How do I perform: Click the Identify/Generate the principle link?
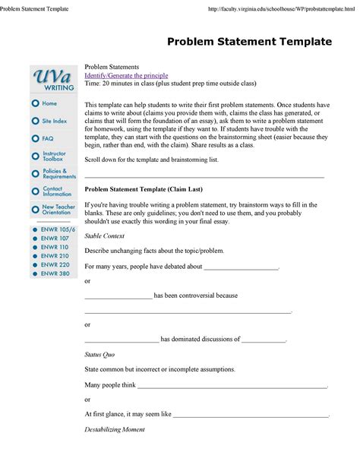click(x=125, y=77)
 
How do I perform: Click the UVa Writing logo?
click(x=53, y=79)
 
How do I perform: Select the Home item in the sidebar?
click(x=49, y=103)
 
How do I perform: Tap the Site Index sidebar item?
click(x=54, y=121)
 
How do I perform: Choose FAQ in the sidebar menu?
click(x=47, y=138)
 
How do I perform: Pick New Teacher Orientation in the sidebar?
click(x=57, y=209)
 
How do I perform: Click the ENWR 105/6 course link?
click(x=58, y=229)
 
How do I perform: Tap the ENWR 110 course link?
click(x=54, y=247)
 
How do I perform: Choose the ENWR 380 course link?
click(x=55, y=273)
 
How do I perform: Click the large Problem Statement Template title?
click(x=249, y=41)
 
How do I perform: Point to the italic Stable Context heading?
click(x=104, y=236)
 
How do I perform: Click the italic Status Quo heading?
click(x=99, y=355)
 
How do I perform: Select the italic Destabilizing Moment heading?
click(x=114, y=429)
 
